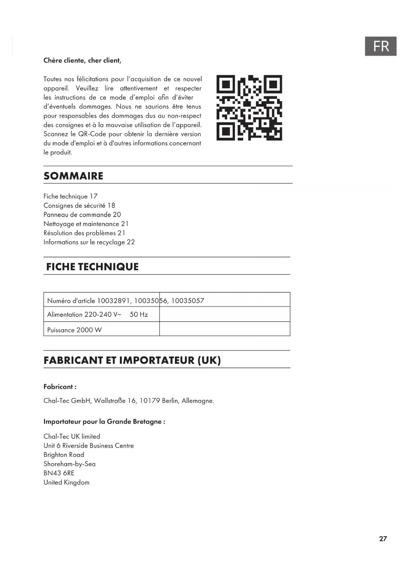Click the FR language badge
[x=381, y=46]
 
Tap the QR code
[x=249, y=108]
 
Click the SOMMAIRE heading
[x=73, y=176]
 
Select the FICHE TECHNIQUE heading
[x=92, y=267]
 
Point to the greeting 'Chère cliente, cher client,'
[x=82, y=60]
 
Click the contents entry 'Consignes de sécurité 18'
[x=79, y=205]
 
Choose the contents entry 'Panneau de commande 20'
[x=82, y=215]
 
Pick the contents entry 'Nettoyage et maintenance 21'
[x=86, y=224]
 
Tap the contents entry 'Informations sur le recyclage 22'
[x=89, y=242]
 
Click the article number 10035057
[x=187, y=301]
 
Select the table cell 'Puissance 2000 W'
[x=74, y=330]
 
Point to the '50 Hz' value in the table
[x=139, y=315]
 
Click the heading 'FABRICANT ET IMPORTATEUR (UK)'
[x=132, y=360]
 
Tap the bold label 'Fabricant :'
[x=60, y=387]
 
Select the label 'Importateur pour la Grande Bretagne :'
[x=104, y=422]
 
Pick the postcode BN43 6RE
[x=59, y=473]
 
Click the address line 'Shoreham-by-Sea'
[x=69, y=464]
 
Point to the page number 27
[x=383, y=539]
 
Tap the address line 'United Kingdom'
[x=66, y=482]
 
